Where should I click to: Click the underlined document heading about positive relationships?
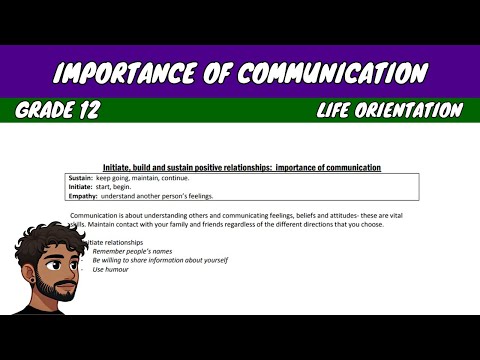coord(241,167)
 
